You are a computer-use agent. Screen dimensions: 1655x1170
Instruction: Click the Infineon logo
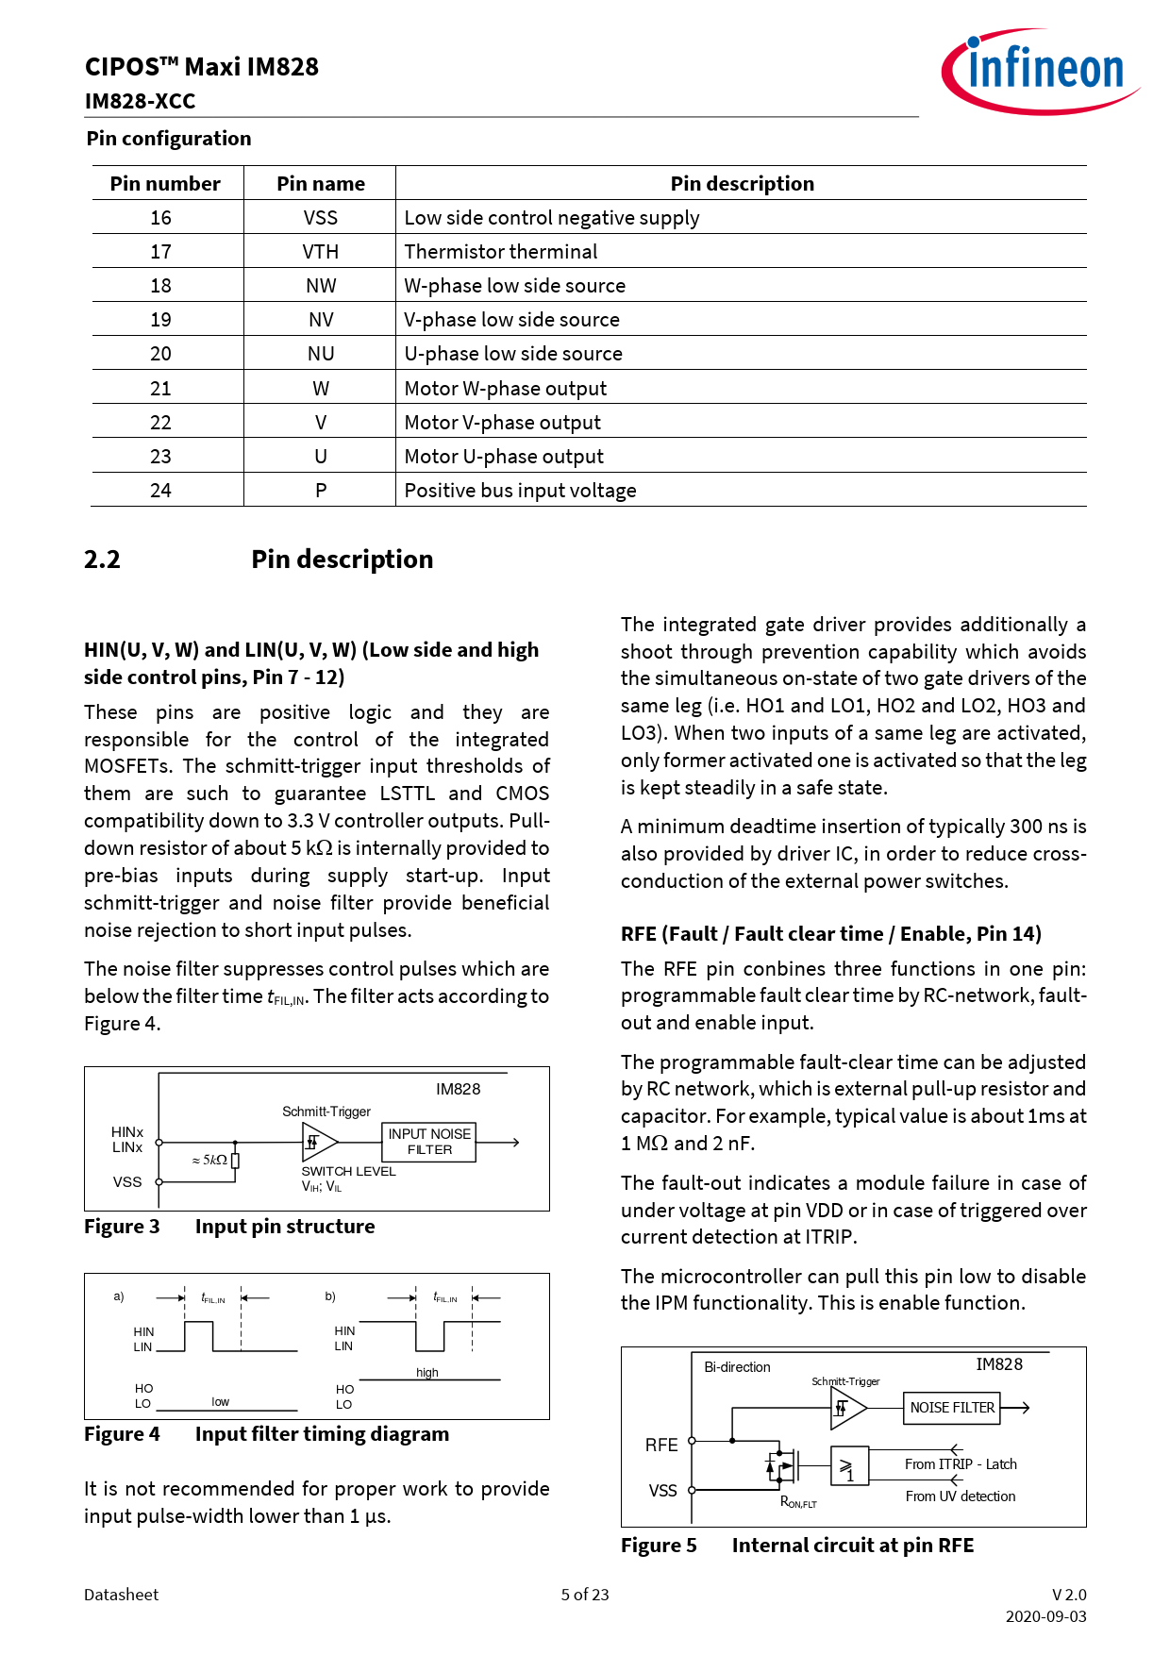tap(1040, 71)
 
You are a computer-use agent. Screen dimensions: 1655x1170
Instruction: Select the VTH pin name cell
tap(321, 252)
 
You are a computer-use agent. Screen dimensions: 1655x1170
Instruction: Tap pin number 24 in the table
tap(161, 491)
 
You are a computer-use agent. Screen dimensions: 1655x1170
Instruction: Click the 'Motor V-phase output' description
tap(502, 423)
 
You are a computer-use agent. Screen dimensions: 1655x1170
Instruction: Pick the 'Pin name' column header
tap(321, 184)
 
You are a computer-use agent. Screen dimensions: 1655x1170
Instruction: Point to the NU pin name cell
tap(321, 354)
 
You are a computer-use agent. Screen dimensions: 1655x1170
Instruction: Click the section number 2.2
tap(102, 560)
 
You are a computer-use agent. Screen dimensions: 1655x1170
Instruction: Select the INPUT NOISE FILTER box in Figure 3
tap(429, 1142)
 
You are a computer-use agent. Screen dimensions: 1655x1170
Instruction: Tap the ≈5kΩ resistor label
tap(209, 1160)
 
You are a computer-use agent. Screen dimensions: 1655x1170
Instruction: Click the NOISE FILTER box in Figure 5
tap(952, 1408)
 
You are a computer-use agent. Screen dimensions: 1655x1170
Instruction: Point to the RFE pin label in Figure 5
tap(661, 1446)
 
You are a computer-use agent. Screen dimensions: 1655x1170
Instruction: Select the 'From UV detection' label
tap(961, 1496)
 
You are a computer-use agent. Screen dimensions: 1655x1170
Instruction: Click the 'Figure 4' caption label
tap(122, 1434)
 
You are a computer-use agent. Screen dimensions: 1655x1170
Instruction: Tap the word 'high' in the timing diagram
tap(427, 1373)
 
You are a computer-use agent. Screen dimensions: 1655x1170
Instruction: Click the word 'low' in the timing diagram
tap(220, 1402)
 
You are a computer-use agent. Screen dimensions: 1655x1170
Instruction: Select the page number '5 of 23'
tap(585, 1595)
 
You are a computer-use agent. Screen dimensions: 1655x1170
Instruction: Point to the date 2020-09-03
tap(1045, 1616)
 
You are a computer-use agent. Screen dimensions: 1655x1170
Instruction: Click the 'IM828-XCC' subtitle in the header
tap(140, 101)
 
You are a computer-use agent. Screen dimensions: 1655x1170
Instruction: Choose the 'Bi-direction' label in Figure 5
tap(737, 1367)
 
